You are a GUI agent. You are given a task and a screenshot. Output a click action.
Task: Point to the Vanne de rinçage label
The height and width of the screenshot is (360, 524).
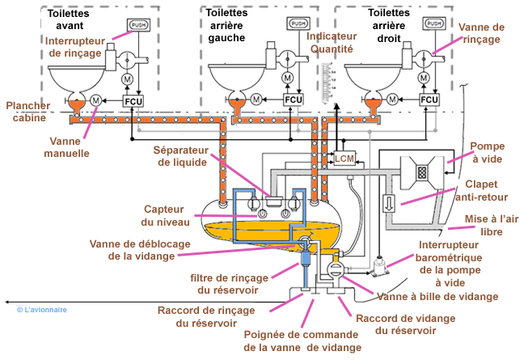coord(481,32)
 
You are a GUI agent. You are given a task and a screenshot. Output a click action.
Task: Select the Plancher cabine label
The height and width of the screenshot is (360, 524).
coord(27,112)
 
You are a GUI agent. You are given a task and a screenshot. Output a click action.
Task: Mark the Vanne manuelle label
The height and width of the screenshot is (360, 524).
coord(67,146)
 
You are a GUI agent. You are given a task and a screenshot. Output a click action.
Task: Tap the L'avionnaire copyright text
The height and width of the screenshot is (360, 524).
coord(42,309)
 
